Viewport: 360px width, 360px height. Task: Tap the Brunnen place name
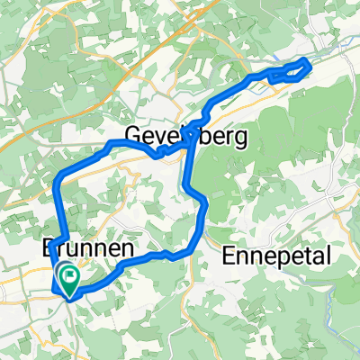(89, 247)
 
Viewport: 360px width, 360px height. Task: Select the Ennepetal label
(277, 255)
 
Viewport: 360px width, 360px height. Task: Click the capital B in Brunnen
(50, 247)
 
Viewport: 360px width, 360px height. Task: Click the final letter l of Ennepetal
(328, 255)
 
